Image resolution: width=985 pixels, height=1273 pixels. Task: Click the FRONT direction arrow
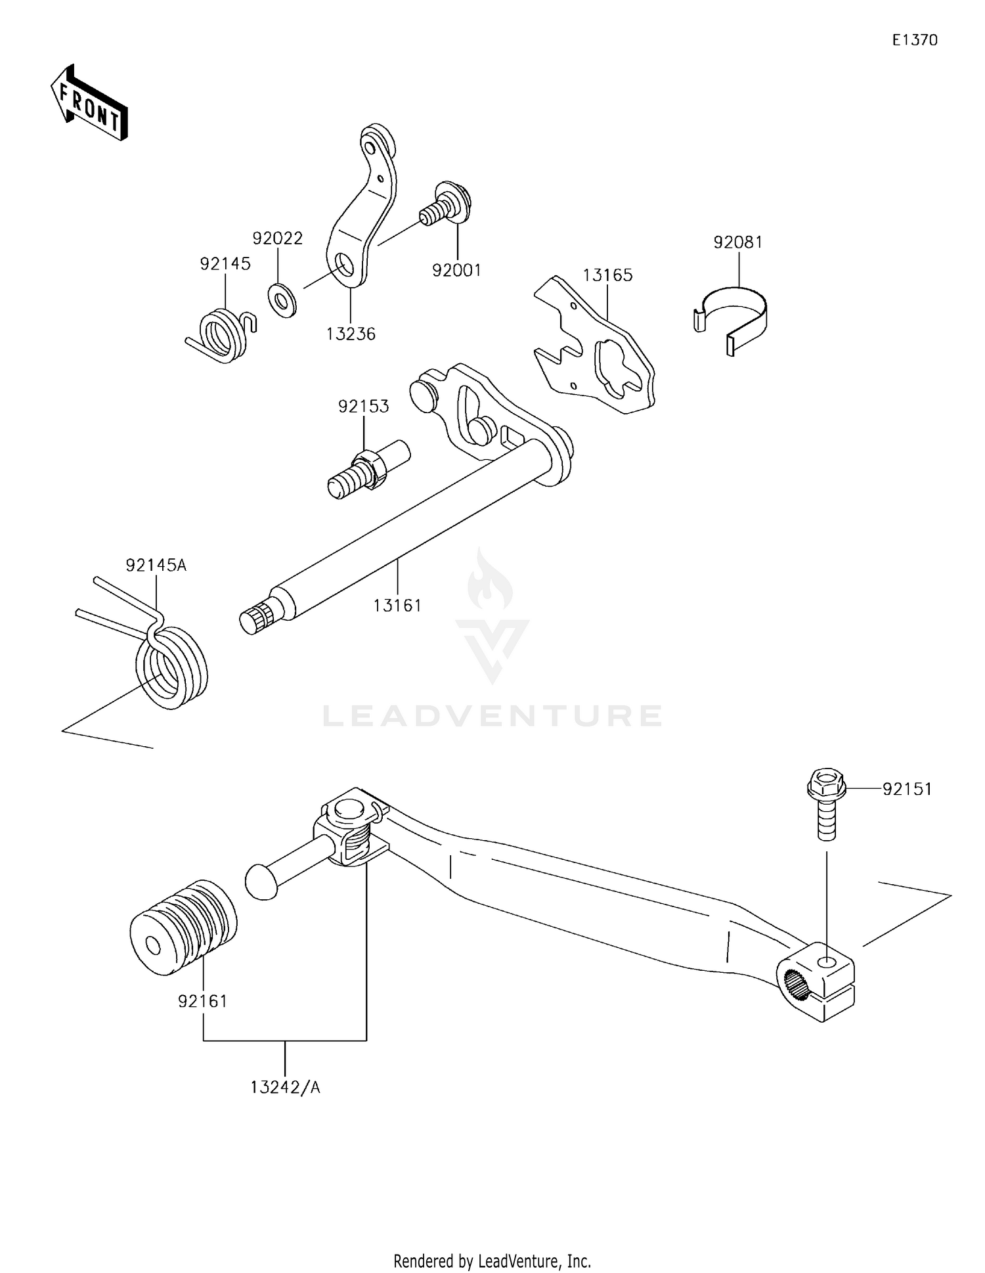(x=89, y=104)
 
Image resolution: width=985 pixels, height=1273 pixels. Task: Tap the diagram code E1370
(x=914, y=40)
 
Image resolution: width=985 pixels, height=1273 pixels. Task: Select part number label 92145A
(x=156, y=565)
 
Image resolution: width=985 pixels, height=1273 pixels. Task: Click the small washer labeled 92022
(x=282, y=300)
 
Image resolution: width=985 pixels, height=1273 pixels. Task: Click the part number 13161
(x=397, y=606)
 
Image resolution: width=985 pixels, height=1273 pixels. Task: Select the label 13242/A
(x=285, y=1087)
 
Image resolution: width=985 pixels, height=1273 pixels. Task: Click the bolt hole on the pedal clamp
(x=827, y=963)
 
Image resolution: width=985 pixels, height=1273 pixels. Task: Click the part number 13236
(x=351, y=334)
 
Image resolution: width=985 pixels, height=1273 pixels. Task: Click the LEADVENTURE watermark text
(x=492, y=716)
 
